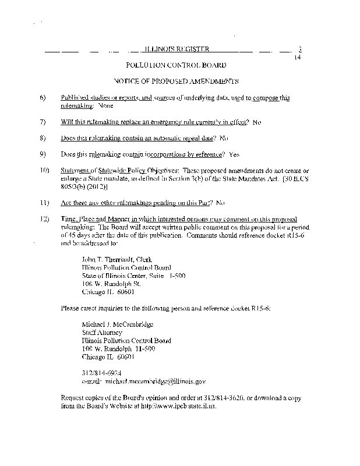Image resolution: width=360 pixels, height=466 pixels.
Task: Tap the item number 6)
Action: (43, 98)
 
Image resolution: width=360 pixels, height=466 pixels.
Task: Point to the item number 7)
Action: (43, 122)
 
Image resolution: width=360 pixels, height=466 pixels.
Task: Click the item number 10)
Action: (44, 170)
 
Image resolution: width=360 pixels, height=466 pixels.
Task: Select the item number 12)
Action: (44, 218)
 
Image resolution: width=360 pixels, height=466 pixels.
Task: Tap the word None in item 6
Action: (105, 106)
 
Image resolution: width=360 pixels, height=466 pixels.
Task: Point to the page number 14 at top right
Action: (298, 58)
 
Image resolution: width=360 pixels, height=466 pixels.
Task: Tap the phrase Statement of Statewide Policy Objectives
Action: (116, 170)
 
